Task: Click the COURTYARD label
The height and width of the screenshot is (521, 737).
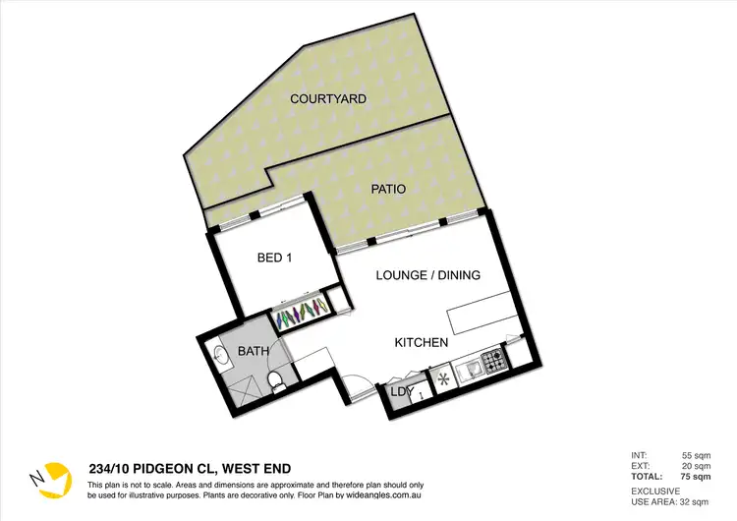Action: coord(327,99)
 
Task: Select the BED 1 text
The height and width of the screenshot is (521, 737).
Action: coord(274,258)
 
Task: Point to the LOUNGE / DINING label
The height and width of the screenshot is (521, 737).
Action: coord(428,275)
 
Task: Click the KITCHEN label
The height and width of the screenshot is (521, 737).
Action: coord(422,343)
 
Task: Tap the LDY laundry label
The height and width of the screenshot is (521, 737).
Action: coord(402,391)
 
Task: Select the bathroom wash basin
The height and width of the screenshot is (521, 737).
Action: coord(220,357)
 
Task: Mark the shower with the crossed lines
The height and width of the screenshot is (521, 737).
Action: coord(242,389)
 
